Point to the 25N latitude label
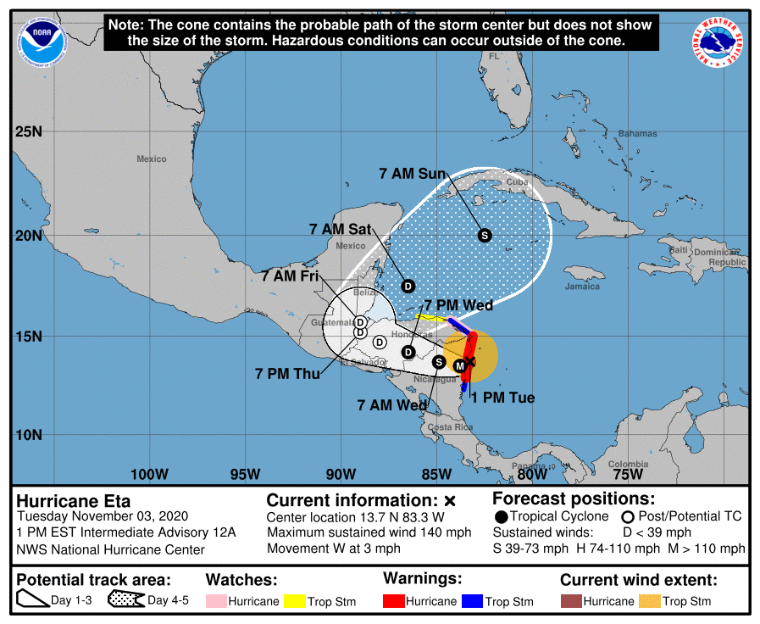(28, 132)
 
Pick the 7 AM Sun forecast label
(413, 174)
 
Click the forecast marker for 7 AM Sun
(485, 235)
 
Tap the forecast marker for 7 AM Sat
(408, 286)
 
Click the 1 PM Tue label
(503, 398)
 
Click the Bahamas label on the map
(637, 134)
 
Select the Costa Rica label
(450, 426)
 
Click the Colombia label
(628, 464)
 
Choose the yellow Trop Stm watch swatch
(295, 601)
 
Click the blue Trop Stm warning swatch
(472, 601)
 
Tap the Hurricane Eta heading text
(74, 500)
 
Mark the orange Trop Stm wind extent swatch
(650, 601)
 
